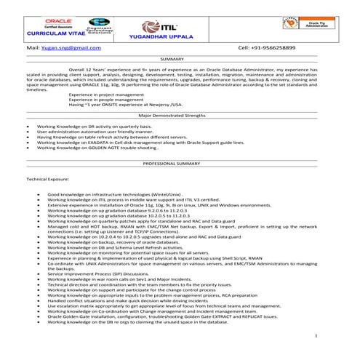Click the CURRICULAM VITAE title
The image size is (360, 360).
[x=54, y=33]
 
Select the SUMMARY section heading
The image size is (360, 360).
[x=172, y=58]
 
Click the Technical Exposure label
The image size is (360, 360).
[x=48, y=177]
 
